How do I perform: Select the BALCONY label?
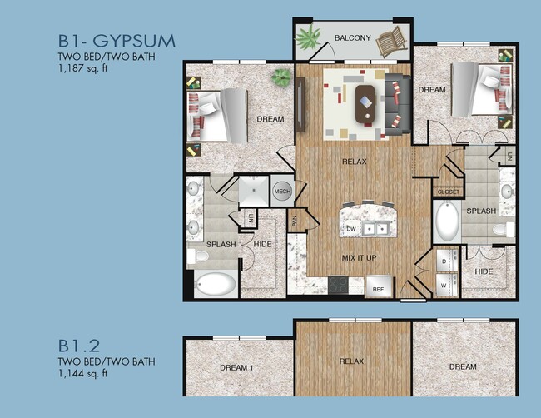(352, 38)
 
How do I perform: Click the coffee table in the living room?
(365, 104)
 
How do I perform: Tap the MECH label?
(281, 191)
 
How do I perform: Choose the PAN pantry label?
(295, 221)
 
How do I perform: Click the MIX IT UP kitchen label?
(360, 258)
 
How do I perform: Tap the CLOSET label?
(447, 192)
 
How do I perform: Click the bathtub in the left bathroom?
(216, 285)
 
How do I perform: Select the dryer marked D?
(444, 260)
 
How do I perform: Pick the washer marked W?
(444, 283)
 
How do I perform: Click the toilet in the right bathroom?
(502, 228)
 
